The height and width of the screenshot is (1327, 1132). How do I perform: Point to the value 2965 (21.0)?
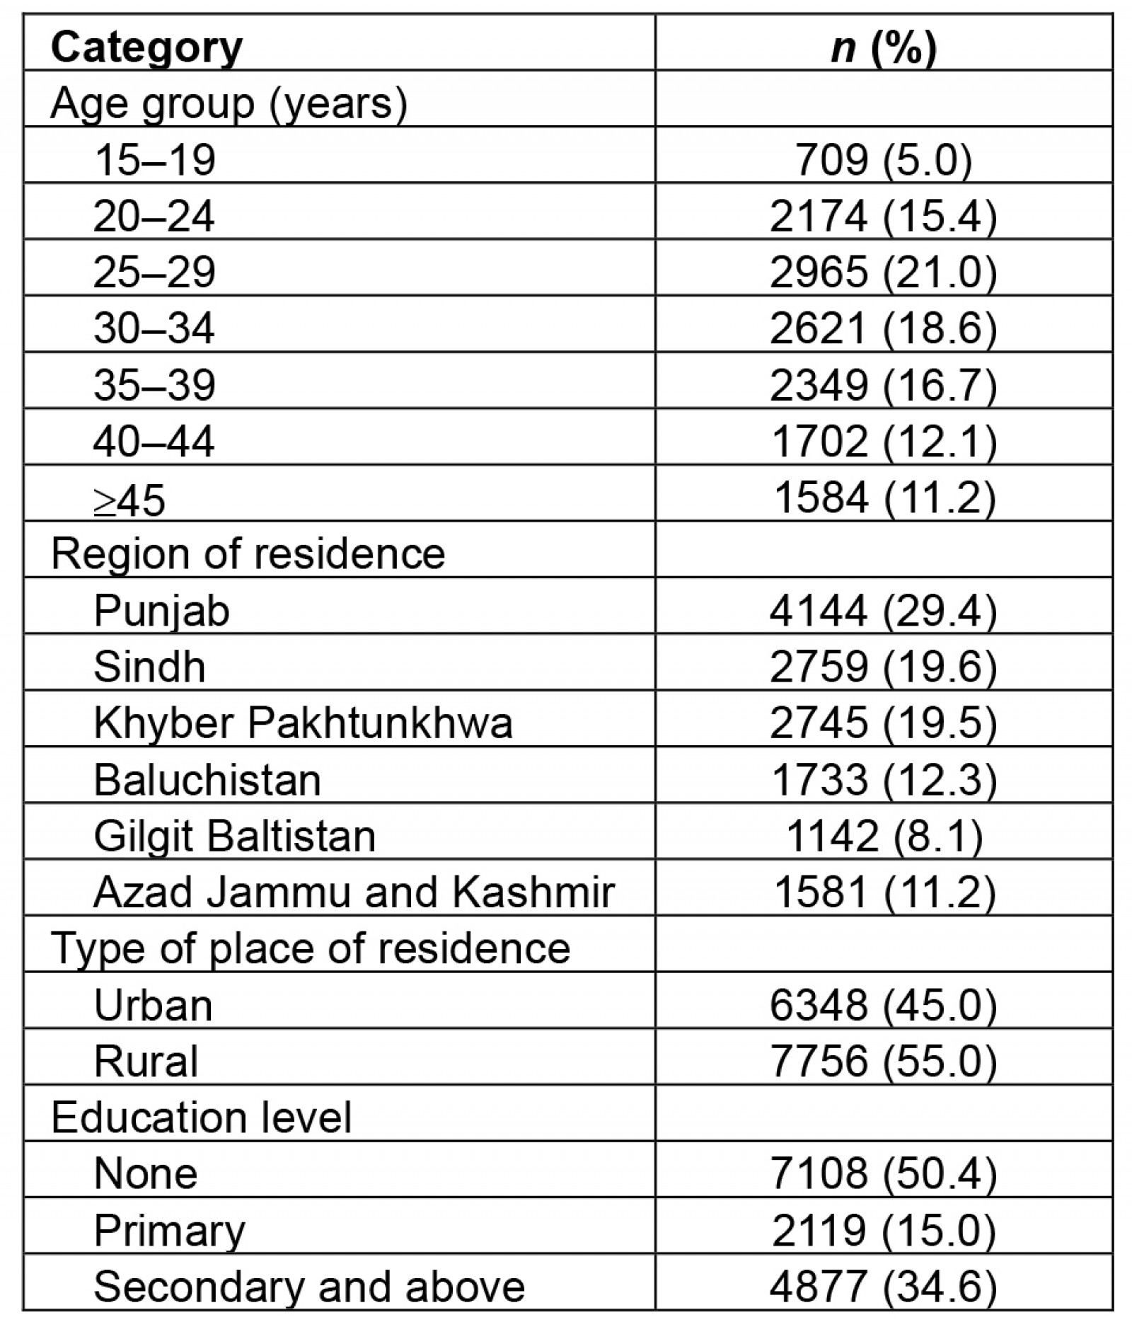(x=883, y=272)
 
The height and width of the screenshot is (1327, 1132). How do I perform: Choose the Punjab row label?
(x=161, y=610)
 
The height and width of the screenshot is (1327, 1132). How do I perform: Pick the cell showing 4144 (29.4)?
(x=883, y=610)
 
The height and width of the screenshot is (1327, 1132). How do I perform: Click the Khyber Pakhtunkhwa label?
(x=303, y=723)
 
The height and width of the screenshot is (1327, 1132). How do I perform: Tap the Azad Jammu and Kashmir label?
(x=354, y=892)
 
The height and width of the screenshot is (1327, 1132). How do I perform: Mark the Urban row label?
(x=153, y=1004)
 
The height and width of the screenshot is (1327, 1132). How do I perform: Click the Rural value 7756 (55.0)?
(x=883, y=1061)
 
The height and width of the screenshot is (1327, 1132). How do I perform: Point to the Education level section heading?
(x=201, y=1118)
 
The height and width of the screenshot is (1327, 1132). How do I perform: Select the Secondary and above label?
(x=309, y=1286)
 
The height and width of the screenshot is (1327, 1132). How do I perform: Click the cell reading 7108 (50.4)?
(x=883, y=1173)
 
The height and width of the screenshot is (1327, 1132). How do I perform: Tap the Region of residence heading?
(x=248, y=553)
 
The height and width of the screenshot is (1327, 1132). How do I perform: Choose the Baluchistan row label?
(x=207, y=779)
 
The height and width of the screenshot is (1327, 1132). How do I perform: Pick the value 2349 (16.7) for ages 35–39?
(x=883, y=385)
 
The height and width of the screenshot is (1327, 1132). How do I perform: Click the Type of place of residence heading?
(x=310, y=948)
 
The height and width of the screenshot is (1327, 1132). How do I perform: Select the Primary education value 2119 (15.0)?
(x=883, y=1230)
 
